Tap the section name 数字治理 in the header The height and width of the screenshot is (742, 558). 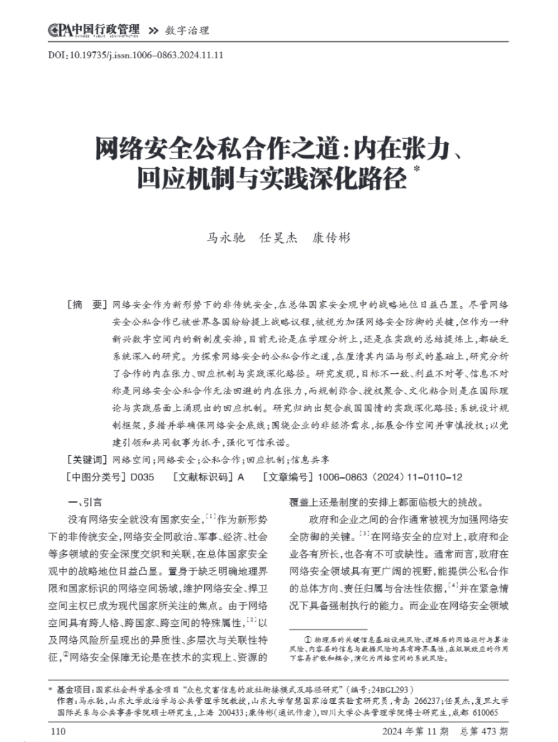tap(187, 30)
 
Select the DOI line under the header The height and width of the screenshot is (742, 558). tap(136, 54)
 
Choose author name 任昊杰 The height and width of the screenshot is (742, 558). tap(278, 238)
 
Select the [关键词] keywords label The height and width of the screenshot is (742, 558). tap(87, 459)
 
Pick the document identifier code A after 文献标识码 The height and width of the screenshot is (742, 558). tap(240, 477)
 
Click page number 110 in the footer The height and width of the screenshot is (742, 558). tap(57, 731)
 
